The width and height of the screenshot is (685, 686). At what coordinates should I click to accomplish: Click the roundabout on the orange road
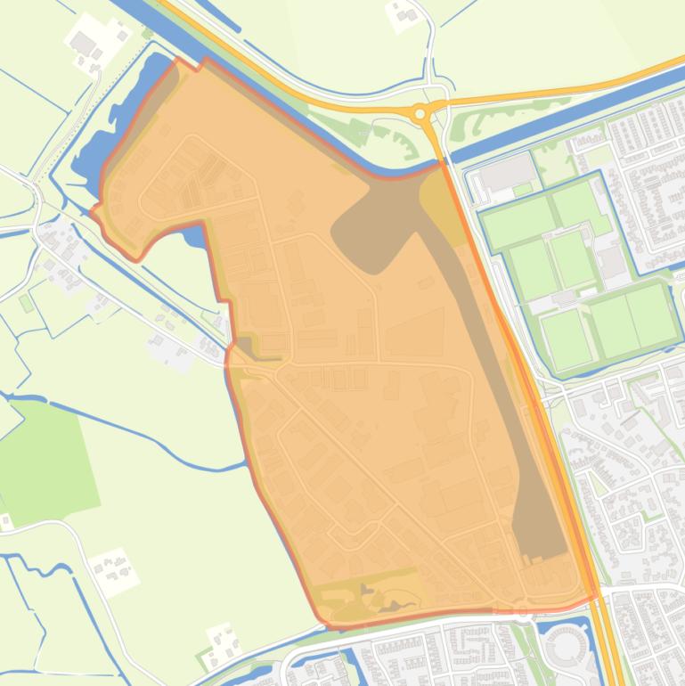[x=420, y=113]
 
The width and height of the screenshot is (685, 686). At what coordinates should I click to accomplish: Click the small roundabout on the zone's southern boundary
[x=523, y=612]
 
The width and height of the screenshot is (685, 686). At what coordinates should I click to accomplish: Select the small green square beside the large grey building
[x=523, y=190]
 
